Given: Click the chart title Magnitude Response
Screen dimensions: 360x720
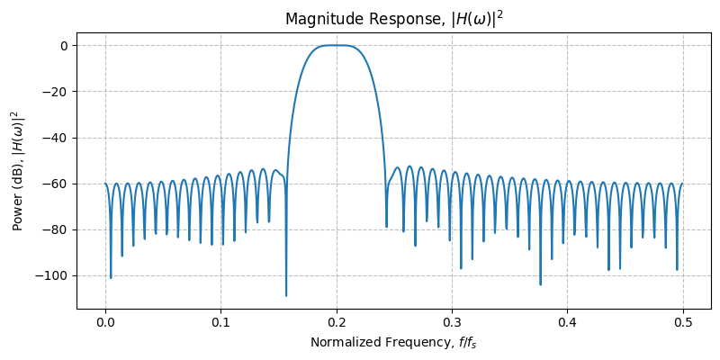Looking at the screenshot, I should (x=393, y=19).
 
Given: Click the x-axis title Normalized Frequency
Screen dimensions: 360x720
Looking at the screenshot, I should (x=393, y=343).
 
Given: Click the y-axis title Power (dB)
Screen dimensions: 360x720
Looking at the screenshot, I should (x=17, y=170).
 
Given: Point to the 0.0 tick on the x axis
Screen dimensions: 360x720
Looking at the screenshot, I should (x=105, y=321).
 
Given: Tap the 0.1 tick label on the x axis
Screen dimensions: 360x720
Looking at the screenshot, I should (x=220, y=321).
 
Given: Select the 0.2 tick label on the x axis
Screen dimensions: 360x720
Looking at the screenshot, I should (x=337, y=321).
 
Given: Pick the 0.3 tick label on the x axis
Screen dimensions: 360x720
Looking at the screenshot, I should (x=452, y=321).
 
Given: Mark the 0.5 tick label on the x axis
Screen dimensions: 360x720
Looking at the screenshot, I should (x=683, y=321).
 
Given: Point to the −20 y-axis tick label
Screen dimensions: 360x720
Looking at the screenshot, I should (x=56, y=92).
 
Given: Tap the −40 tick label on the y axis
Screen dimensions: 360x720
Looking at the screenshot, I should (x=56, y=138).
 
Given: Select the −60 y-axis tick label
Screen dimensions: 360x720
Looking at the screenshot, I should (x=56, y=184).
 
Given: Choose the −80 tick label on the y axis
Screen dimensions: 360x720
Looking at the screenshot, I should (x=56, y=229).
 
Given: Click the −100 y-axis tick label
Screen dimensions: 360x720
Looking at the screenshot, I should (x=52, y=275).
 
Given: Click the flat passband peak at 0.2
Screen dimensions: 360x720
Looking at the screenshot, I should (x=337, y=45).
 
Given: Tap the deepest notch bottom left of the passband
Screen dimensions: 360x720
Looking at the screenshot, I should (x=286, y=295).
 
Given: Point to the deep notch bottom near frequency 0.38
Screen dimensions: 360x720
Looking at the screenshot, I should (x=541, y=284).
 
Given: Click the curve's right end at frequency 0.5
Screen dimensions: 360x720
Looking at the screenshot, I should (x=683, y=184).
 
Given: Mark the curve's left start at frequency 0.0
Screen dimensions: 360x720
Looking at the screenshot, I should (x=105, y=184).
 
